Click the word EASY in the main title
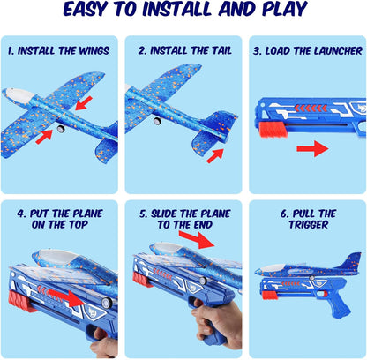85,9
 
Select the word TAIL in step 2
221,50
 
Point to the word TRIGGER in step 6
309,225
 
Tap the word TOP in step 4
79,225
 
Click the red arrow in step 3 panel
312,148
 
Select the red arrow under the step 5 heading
197,239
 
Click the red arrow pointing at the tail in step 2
215,155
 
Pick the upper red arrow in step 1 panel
84,103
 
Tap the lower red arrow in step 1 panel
44,137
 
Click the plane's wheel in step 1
61,129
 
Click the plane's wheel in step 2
157,121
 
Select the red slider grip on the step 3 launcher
269,130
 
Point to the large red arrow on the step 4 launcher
65,297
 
